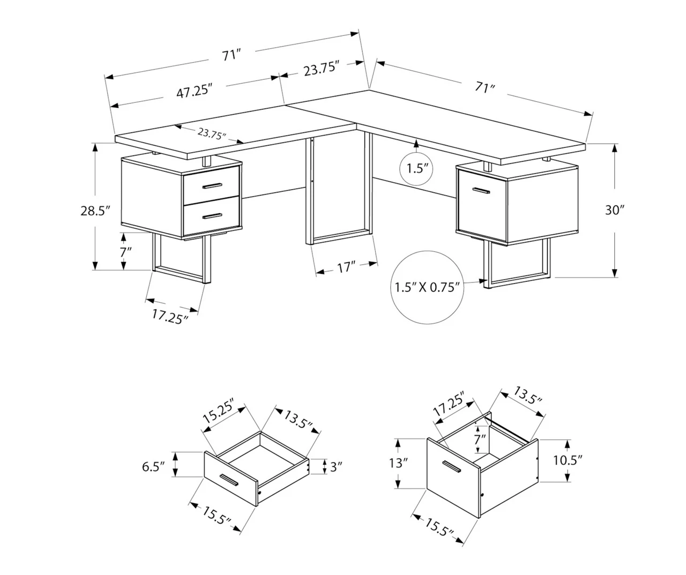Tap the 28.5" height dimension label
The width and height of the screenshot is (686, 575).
(x=95, y=211)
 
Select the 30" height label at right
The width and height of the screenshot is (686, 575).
(x=614, y=210)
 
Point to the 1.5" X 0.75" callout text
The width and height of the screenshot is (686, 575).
(x=427, y=287)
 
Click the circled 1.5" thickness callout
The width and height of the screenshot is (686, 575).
(x=416, y=169)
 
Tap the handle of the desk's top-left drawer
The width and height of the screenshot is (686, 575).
(x=213, y=185)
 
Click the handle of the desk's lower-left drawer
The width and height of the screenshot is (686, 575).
(x=213, y=216)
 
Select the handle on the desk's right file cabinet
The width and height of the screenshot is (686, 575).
(x=481, y=190)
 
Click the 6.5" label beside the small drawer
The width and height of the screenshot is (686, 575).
(x=153, y=467)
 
